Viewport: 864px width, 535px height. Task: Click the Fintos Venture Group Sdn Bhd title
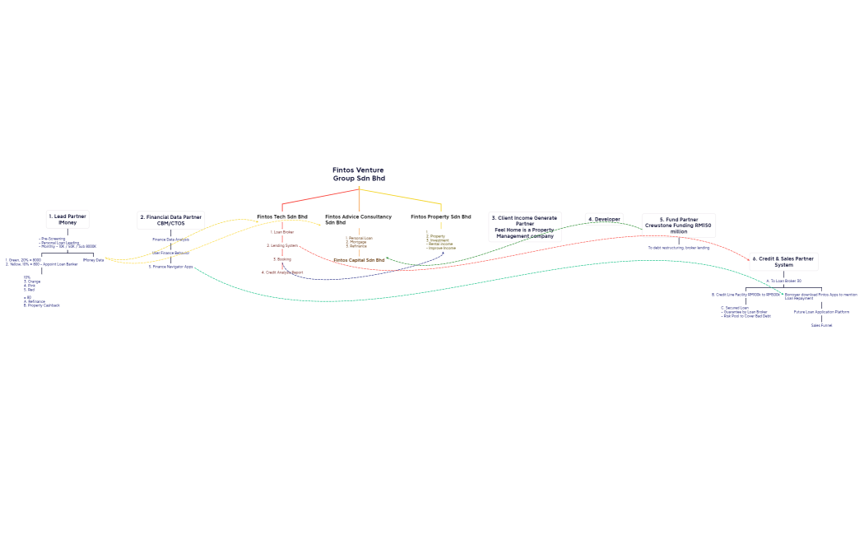358,174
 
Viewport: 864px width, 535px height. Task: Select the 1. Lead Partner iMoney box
67,219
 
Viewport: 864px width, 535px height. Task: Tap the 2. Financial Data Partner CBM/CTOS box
170,220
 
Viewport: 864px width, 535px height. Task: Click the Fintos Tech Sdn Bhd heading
282,216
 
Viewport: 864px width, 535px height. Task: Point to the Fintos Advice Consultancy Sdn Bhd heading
358,219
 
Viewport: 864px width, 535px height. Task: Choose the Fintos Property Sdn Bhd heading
441,216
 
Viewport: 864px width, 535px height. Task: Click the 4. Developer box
605,219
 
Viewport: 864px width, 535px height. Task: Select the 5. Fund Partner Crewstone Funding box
679,226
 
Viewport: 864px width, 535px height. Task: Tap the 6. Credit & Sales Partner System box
783,262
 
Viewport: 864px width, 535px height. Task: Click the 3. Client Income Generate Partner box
525,226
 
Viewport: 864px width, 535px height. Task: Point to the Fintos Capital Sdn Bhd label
359,259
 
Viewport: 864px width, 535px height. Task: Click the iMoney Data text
93,260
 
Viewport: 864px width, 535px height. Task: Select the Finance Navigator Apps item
170,267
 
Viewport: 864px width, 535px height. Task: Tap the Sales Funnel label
821,325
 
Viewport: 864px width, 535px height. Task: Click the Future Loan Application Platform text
821,312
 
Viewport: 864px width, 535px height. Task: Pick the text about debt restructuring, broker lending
679,247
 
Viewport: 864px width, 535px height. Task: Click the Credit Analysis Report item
282,272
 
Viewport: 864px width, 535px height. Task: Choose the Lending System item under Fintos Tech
282,245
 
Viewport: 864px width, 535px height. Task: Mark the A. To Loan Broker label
783,281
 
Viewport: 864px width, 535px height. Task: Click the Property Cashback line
42,305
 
